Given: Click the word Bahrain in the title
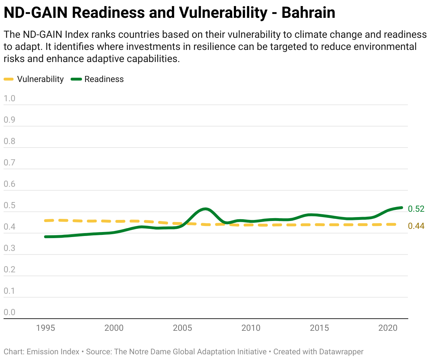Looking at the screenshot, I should (x=308, y=13).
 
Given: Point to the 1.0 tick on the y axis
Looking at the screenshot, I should (x=10, y=98).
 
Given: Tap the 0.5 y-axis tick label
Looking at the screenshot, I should (x=10, y=205).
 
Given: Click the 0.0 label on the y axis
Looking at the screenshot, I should (x=10, y=312).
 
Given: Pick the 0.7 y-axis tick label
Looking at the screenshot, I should (x=10, y=163).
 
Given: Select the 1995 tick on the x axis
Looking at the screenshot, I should (x=46, y=328).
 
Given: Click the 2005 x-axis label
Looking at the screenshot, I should (x=183, y=328).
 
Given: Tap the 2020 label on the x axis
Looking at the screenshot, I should (x=388, y=328).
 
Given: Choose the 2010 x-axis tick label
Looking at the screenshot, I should (x=251, y=328).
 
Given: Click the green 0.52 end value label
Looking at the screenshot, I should (x=416, y=209).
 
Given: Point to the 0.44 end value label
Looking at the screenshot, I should (x=416, y=226).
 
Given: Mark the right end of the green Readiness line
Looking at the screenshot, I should (x=401, y=207).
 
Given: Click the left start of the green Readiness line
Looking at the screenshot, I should (x=46, y=237).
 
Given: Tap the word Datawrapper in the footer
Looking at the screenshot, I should (x=341, y=352).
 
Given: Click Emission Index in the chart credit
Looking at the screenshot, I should (x=53, y=352).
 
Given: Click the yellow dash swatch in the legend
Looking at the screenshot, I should (x=9, y=79).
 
